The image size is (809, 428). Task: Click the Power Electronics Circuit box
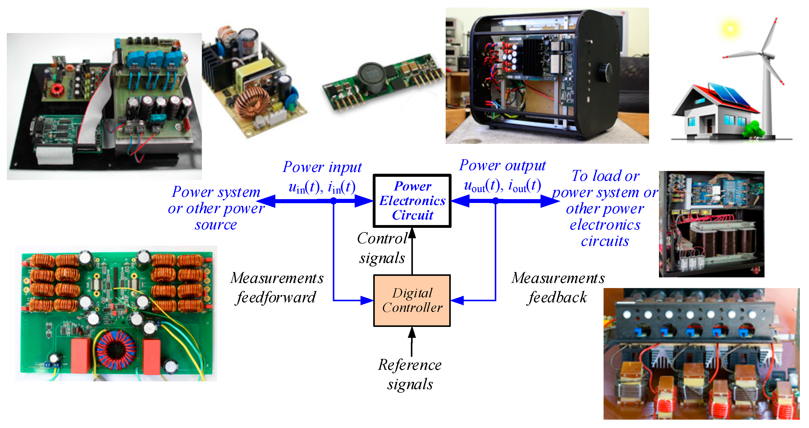(412, 201)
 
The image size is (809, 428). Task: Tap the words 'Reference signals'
(410, 374)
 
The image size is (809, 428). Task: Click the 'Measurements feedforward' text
(276, 288)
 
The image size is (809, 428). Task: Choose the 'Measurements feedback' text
(558, 288)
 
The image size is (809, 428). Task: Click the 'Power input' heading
(322, 167)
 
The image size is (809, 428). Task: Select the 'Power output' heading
(502, 165)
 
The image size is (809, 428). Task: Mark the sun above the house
(730, 29)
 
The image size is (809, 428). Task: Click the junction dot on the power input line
(334, 201)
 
